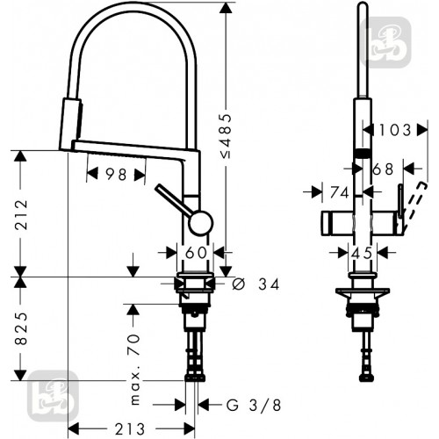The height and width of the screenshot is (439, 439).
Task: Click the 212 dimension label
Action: (22, 215)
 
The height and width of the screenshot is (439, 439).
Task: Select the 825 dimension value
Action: (21, 328)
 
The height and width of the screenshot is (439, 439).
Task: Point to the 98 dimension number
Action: (116, 175)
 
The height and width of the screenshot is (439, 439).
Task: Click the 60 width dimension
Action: (196, 253)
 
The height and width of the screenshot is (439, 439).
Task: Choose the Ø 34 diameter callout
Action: (255, 284)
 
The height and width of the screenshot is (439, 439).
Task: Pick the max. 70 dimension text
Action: (134, 370)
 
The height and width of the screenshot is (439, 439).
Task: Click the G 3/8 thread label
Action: (254, 406)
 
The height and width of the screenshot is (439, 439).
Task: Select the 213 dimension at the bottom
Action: (130, 429)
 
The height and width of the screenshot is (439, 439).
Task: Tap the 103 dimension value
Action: (395, 130)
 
